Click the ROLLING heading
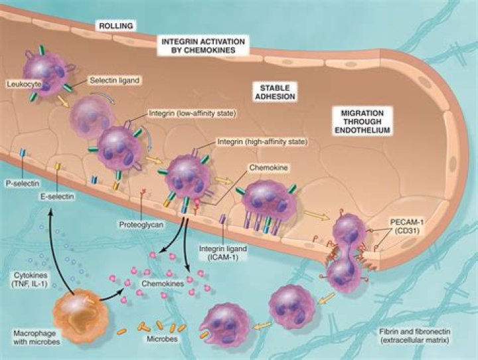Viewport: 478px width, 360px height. (116, 26)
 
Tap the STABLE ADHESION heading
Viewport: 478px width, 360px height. (278, 92)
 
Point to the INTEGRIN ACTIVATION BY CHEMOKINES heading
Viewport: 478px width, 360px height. (204, 45)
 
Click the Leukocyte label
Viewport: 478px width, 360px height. (21, 84)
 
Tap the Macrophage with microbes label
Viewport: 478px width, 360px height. (30, 336)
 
